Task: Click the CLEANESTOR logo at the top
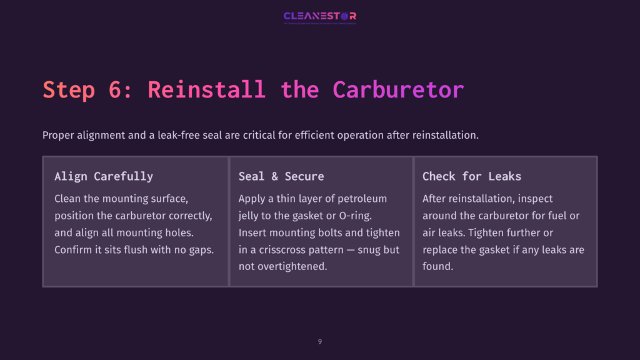(319, 16)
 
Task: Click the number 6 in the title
(114, 89)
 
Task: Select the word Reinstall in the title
(207, 89)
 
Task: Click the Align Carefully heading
(104, 176)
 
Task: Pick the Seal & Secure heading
(281, 176)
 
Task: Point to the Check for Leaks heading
(472, 176)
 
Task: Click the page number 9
(320, 341)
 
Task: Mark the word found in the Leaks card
(437, 266)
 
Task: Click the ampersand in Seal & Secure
(274, 176)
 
